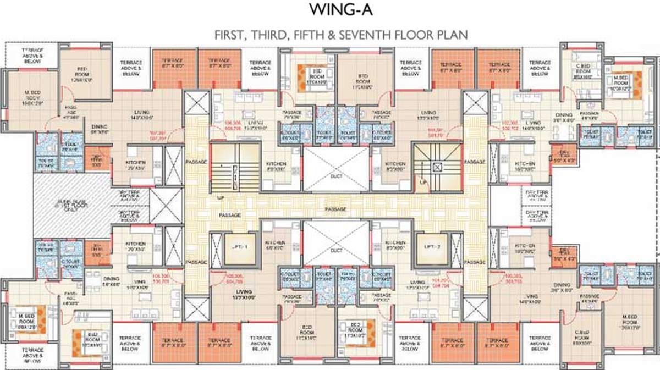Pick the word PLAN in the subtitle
tap(453, 35)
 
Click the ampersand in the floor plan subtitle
tap(332, 35)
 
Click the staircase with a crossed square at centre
tap(438, 164)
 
